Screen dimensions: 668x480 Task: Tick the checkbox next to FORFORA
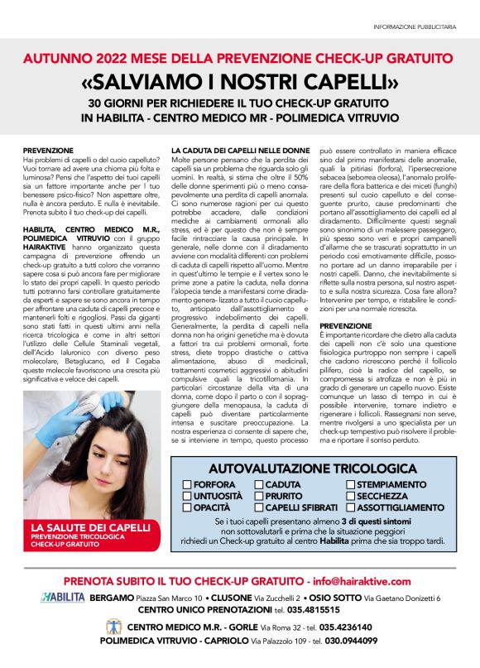(187, 484)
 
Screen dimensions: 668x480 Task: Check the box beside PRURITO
(270, 496)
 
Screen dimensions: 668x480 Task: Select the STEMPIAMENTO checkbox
(350, 484)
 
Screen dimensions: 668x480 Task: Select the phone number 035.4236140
(332, 627)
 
